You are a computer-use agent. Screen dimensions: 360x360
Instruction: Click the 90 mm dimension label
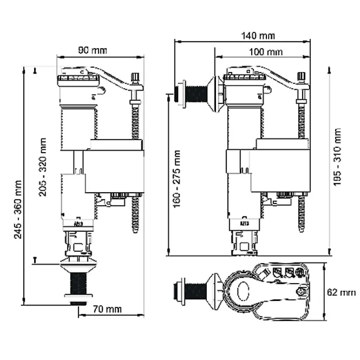coord(93,50)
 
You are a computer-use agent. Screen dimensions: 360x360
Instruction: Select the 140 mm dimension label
coord(258,36)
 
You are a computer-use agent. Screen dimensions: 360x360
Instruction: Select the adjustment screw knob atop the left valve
coord(135,77)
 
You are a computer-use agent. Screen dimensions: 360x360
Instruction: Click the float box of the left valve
coord(114,170)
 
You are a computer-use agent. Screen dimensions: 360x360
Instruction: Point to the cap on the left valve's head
coord(78,80)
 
